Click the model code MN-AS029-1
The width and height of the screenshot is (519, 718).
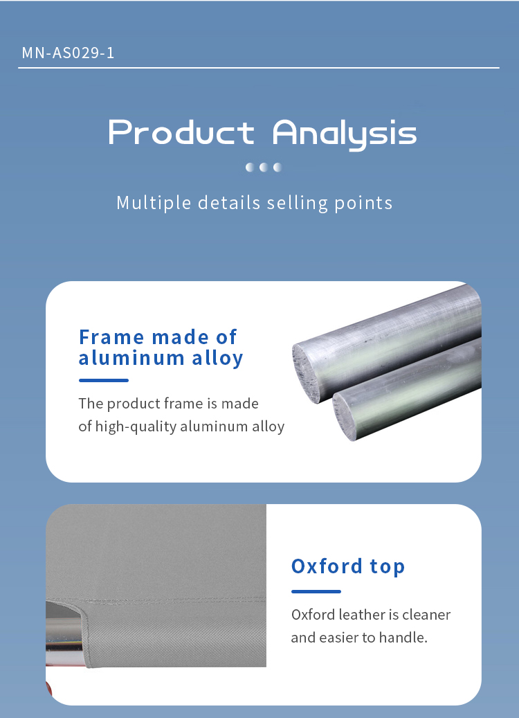click(x=69, y=53)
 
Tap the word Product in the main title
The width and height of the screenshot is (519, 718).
click(x=181, y=132)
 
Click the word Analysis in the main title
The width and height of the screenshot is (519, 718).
click(x=345, y=134)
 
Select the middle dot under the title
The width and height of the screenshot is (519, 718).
click(x=264, y=167)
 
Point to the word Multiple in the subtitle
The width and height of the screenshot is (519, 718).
click(x=154, y=203)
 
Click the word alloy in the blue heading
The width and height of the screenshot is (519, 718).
click(x=217, y=358)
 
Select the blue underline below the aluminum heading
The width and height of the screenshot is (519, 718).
click(x=104, y=381)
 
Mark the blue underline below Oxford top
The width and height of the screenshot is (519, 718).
click(x=316, y=591)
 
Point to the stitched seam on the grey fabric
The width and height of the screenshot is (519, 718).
click(x=156, y=600)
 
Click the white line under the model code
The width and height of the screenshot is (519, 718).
click(x=259, y=68)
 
